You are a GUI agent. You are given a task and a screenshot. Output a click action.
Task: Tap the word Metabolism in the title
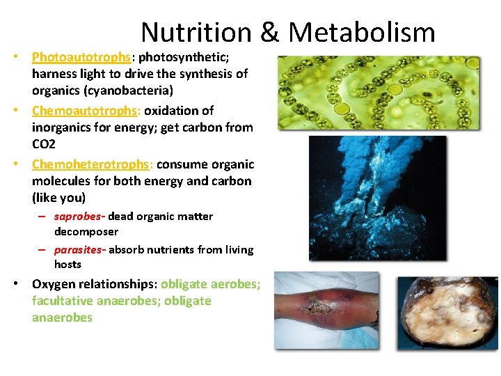(x=362, y=33)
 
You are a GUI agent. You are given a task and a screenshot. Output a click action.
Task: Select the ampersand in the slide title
(x=269, y=33)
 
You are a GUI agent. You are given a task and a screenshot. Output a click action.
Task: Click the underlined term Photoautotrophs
(x=81, y=57)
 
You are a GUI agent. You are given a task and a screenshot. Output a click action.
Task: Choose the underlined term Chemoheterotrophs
(x=91, y=164)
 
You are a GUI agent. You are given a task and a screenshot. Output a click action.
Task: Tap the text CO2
(x=44, y=144)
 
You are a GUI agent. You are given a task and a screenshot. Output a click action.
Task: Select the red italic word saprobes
(x=79, y=217)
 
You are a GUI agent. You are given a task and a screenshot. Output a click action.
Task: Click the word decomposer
(x=86, y=231)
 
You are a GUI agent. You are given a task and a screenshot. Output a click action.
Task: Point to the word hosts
(x=67, y=264)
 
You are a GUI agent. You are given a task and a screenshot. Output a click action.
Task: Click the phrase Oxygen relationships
(x=94, y=284)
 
